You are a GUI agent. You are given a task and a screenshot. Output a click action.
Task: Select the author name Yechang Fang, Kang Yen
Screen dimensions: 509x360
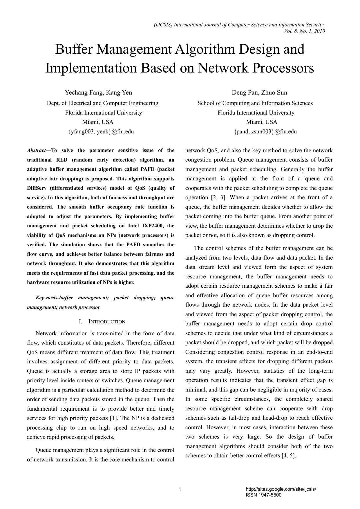98,93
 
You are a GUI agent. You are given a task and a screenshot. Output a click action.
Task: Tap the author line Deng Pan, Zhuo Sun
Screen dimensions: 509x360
259,93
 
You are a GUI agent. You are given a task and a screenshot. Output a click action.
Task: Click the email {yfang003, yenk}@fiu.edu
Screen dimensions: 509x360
101,131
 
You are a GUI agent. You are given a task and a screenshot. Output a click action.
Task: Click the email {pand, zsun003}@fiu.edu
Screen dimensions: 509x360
265,131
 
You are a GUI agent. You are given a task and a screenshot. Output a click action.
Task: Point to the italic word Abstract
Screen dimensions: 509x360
36,150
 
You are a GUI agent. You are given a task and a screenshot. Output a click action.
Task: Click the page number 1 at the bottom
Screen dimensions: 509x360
180,490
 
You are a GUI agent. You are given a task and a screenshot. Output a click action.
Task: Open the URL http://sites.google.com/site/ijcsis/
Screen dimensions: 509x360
281,489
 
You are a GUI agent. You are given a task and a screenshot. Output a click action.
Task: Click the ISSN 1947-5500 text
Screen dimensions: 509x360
263,495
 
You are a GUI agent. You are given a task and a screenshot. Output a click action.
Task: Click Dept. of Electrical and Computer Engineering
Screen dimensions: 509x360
103,103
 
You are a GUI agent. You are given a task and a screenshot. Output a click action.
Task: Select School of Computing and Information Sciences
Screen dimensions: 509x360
255,103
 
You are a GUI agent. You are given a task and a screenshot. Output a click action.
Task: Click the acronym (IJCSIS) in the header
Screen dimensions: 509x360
163,25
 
